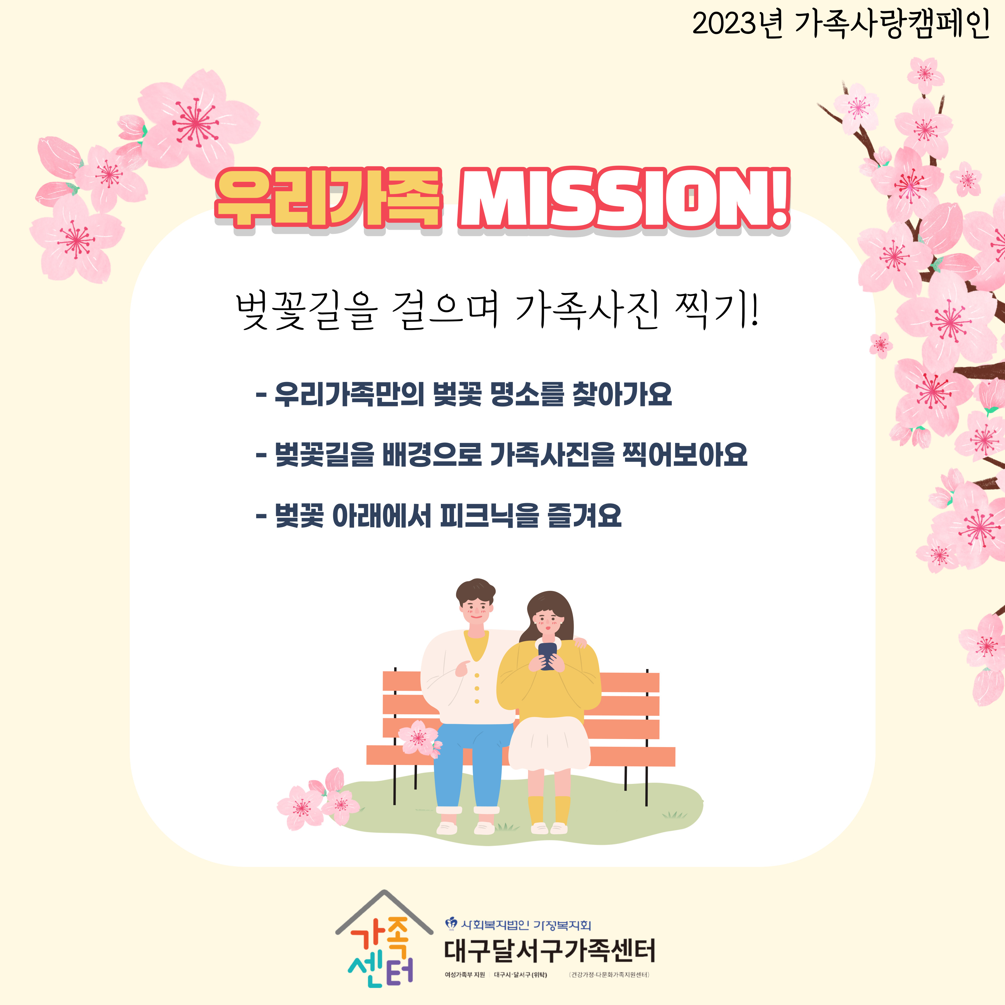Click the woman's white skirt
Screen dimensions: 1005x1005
tap(549, 743)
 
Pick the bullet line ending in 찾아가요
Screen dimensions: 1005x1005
tap(464, 394)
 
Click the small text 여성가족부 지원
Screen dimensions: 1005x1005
tap(464, 974)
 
